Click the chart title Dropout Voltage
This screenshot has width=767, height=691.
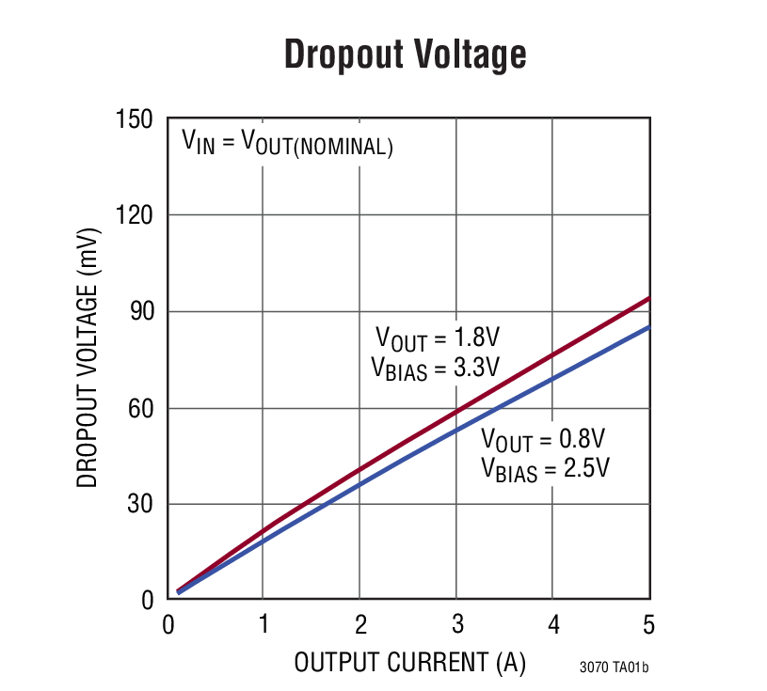[x=405, y=55]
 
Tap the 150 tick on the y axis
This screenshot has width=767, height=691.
[x=136, y=120]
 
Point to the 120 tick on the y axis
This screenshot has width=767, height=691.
[x=136, y=216]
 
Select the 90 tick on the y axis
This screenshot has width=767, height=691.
[x=141, y=312]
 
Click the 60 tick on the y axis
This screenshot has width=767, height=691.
[x=141, y=409]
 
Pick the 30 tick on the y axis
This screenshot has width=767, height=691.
[x=141, y=505]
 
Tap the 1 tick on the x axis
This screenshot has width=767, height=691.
[x=264, y=624]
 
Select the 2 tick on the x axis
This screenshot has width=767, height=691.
[x=360, y=624]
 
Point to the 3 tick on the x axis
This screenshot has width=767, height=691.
[x=456, y=624]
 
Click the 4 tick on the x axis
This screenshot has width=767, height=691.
[x=553, y=624]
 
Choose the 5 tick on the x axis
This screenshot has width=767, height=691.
[x=648, y=624]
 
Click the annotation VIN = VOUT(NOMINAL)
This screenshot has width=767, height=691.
[x=287, y=144]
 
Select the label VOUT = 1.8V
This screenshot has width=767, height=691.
[x=437, y=338]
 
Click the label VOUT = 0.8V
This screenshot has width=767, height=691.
[x=542, y=439]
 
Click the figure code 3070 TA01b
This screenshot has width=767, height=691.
[x=614, y=668]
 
